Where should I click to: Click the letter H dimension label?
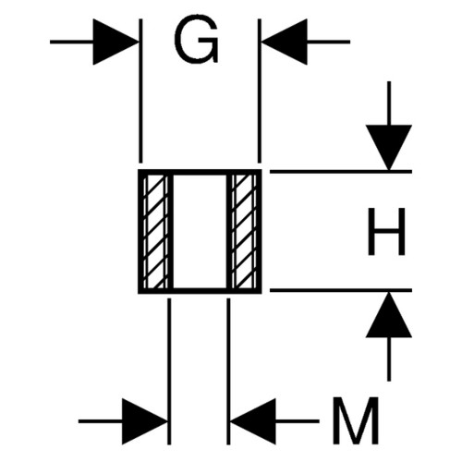[x=386, y=232]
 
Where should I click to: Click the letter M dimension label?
[x=356, y=420]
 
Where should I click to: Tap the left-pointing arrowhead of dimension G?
[x=285, y=42]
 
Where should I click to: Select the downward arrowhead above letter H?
[x=389, y=147]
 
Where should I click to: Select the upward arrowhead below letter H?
[x=389, y=315]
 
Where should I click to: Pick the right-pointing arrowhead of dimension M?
[x=145, y=421]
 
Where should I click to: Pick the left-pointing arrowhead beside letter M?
[x=253, y=421]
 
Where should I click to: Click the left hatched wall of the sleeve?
[x=156, y=232]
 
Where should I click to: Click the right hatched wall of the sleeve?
[x=244, y=232]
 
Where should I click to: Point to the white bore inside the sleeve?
[x=200, y=232]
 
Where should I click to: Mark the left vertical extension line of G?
[x=140, y=91]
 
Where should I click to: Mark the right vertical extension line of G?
[x=260, y=91]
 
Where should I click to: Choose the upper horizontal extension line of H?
[x=341, y=172]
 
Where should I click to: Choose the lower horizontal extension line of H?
[x=341, y=290]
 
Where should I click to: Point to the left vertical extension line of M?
[x=169, y=371]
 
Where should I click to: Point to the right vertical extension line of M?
[x=228, y=371]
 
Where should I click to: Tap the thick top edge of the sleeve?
[x=200, y=172]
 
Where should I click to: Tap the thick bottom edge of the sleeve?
[x=200, y=291]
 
